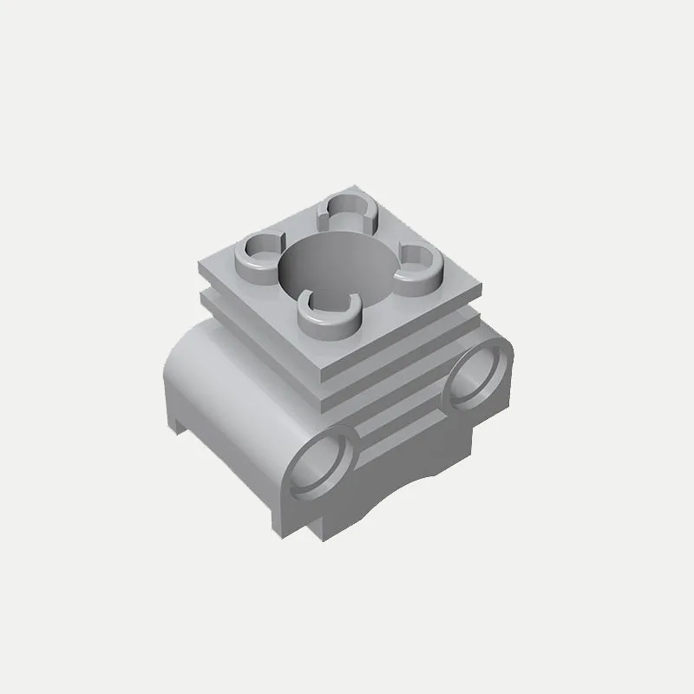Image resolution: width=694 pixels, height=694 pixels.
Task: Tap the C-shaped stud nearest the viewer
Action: pyautogui.click(x=328, y=314)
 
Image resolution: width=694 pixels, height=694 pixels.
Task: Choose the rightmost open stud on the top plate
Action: pyautogui.click(x=418, y=261)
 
